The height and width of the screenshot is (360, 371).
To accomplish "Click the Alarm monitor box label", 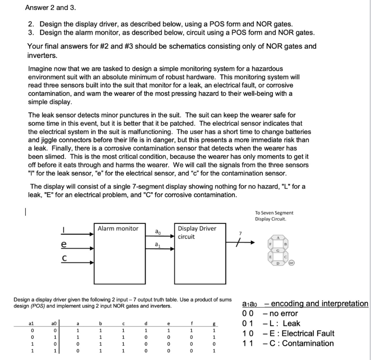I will pyautogui.click(x=118, y=229).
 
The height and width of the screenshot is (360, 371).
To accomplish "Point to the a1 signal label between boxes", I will pyautogui.click(x=157, y=244).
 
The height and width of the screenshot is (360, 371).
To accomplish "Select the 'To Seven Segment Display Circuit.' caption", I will pyautogui.click(x=274, y=216).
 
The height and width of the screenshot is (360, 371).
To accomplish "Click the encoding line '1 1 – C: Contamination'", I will pyautogui.click(x=287, y=343).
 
